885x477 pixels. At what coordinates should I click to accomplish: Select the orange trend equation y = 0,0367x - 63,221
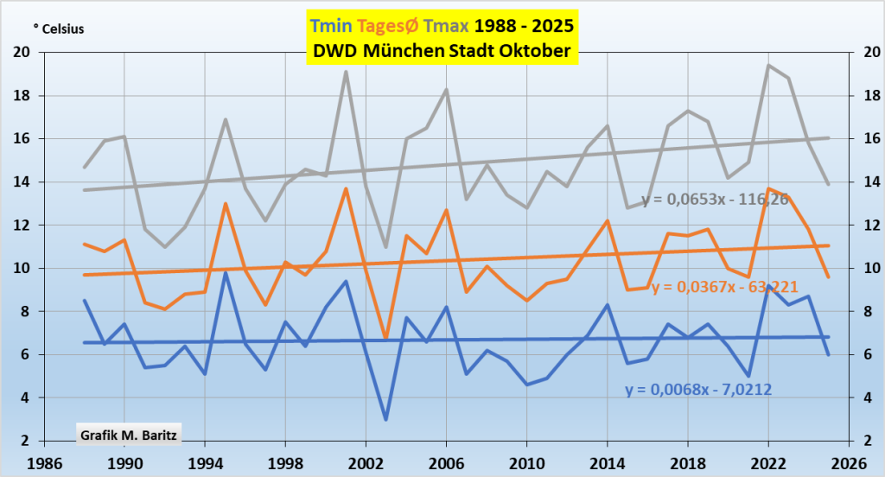tap(724, 287)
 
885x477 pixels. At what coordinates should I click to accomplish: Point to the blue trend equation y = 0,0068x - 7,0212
tap(698, 390)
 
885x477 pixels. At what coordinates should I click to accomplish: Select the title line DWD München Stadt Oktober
tap(442, 51)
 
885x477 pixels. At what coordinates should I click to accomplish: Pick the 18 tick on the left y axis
tap(23, 95)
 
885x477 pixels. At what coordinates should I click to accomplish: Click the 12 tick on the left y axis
tap(23, 225)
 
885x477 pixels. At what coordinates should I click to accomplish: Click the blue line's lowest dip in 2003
tap(385, 419)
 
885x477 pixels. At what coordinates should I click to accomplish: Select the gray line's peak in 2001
tap(346, 72)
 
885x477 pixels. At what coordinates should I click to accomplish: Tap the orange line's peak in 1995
tap(226, 204)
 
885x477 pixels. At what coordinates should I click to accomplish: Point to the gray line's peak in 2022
tap(767, 65)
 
